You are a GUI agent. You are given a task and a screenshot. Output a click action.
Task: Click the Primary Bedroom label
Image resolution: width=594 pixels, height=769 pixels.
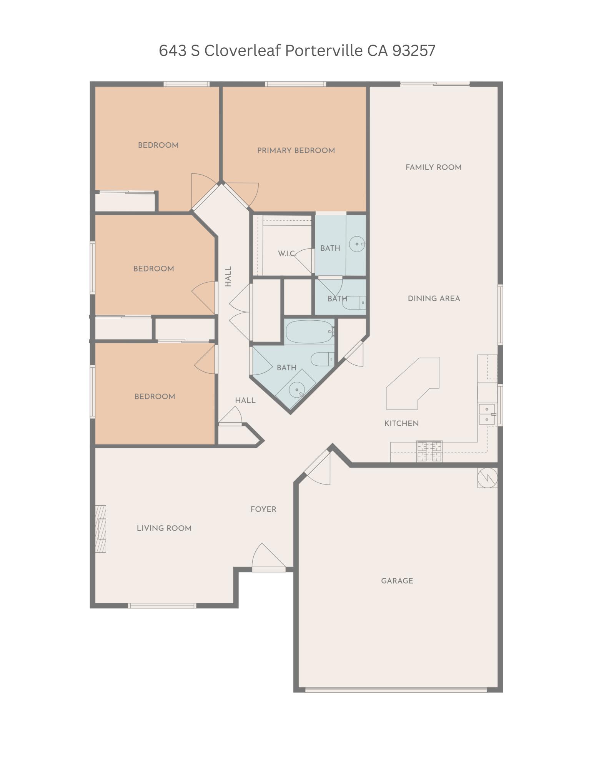click(296, 150)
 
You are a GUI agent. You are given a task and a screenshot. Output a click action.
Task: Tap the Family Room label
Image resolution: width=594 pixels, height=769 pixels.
click(433, 167)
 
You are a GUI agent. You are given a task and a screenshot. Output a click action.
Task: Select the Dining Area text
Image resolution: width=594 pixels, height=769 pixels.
click(434, 298)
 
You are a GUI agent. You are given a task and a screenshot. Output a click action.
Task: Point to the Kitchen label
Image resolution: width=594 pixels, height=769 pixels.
click(401, 423)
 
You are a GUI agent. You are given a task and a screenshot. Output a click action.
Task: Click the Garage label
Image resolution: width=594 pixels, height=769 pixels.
click(397, 581)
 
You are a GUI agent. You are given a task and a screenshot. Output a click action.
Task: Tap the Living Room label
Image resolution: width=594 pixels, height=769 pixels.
click(164, 528)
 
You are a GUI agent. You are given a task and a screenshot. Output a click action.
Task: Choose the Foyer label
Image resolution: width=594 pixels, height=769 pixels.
click(263, 509)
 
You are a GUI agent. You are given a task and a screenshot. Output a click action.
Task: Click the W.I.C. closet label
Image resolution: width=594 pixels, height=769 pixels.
click(286, 253)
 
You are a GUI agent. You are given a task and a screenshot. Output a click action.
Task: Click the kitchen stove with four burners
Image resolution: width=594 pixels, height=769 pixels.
click(429, 451)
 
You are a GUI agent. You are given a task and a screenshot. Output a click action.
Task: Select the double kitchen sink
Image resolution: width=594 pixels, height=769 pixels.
click(487, 414)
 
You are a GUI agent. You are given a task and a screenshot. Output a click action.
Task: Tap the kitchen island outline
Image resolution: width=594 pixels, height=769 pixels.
click(412, 384)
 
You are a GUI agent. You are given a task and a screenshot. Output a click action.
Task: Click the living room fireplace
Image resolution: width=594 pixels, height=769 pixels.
click(101, 529)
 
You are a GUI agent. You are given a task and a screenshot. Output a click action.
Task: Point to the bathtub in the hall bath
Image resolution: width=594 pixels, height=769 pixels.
click(310, 331)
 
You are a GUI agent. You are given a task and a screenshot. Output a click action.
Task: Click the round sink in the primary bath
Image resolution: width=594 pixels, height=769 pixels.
click(357, 244)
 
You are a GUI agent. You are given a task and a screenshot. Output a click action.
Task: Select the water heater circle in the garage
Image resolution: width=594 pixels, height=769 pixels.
click(487, 478)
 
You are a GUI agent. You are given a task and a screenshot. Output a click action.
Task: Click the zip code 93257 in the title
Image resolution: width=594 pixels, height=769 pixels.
click(414, 50)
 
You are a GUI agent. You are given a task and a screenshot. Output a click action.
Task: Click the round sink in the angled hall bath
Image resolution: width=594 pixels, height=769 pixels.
click(296, 390)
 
